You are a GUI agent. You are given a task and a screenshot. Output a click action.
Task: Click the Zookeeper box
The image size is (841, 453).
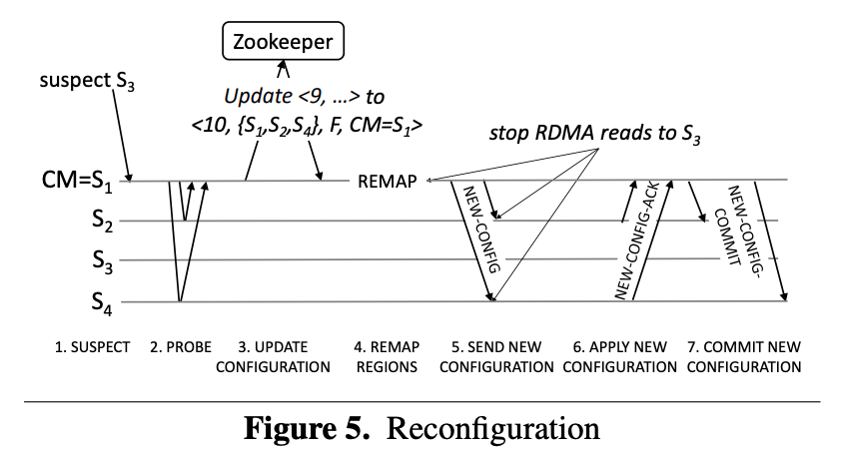[284, 41]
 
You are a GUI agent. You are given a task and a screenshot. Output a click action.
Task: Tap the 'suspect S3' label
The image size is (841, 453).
[87, 81]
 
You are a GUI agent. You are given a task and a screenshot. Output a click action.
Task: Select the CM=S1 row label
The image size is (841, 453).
[77, 181]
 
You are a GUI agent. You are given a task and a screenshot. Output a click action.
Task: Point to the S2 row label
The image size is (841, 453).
[103, 220]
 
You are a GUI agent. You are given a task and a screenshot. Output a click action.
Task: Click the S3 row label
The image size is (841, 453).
[103, 261]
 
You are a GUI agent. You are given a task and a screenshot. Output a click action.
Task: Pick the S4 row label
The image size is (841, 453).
[102, 303]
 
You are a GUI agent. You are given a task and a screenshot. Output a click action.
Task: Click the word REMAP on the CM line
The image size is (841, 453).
[388, 182]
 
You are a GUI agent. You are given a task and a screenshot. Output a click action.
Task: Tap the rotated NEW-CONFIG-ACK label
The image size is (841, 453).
[637, 240]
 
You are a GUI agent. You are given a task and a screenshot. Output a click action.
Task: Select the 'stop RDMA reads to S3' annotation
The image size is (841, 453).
[595, 134]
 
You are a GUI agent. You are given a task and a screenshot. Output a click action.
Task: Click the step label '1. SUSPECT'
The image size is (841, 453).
[92, 347]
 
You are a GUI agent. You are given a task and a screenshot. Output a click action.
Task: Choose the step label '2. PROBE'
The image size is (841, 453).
[181, 347]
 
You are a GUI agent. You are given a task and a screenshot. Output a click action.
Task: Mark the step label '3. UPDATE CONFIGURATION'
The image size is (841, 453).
[273, 357]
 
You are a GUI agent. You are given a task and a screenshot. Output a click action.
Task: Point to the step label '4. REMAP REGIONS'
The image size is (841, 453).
[387, 357]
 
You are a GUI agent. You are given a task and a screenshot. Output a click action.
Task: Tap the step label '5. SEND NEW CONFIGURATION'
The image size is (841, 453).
[496, 357]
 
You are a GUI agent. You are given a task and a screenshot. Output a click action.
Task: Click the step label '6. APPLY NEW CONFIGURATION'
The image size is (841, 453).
[620, 357]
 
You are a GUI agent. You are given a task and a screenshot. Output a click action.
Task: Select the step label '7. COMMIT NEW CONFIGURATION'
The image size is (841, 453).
[744, 357]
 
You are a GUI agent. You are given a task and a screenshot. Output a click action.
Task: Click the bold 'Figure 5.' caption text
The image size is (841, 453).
[307, 428]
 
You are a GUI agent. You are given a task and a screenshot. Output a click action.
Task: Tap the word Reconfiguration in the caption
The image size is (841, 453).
[492, 429]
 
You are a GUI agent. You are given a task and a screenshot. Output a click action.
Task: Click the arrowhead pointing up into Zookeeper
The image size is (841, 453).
[284, 68]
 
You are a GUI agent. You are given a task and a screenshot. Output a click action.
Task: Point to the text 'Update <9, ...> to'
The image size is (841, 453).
[304, 97]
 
